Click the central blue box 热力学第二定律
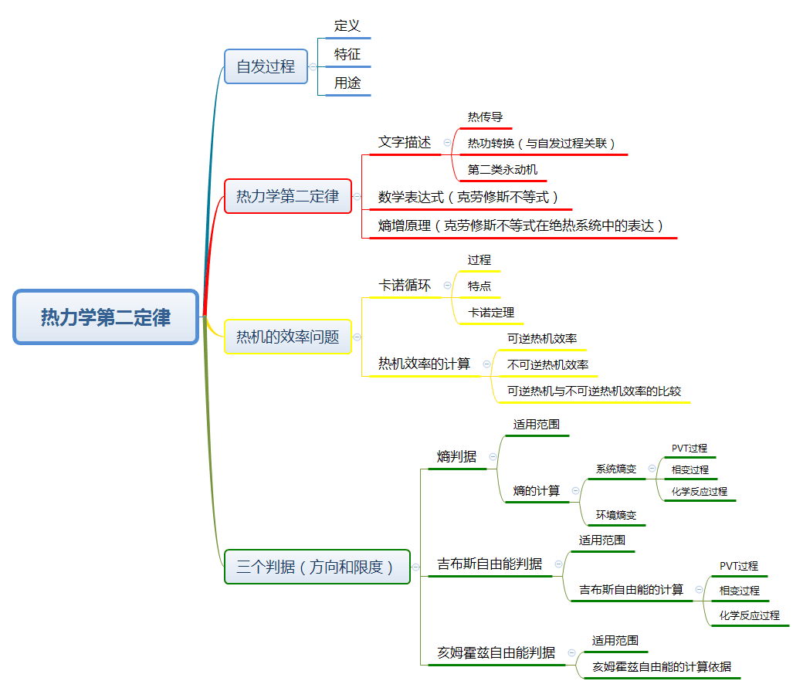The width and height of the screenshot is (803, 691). (x=106, y=317)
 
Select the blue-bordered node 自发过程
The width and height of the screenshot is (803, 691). (x=266, y=66)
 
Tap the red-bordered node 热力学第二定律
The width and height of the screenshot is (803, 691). (x=287, y=196)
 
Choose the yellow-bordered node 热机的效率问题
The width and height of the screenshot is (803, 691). (x=287, y=337)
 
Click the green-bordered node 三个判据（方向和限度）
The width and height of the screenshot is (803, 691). (x=317, y=567)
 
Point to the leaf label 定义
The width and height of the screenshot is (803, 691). (x=347, y=25)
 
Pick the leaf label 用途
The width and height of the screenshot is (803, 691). (x=347, y=83)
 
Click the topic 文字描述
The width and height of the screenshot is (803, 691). (x=405, y=142)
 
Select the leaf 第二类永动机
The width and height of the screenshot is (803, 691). (x=503, y=169)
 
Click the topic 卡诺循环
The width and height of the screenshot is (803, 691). (x=405, y=286)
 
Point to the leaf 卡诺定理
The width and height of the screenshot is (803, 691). (x=491, y=313)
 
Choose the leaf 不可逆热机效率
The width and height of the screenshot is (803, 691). (x=547, y=364)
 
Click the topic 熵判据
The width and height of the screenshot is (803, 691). (x=456, y=456)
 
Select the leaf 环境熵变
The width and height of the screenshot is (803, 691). (x=616, y=515)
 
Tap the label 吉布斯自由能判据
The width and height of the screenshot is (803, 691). (x=490, y=564)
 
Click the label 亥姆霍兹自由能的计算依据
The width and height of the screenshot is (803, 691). (x=662, y=666)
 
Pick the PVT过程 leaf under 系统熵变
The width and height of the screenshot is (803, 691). (x=689, y=448)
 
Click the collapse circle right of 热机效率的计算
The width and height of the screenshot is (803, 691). (x=486, y=364)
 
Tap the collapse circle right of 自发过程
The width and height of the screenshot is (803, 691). (x=313, y=66)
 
